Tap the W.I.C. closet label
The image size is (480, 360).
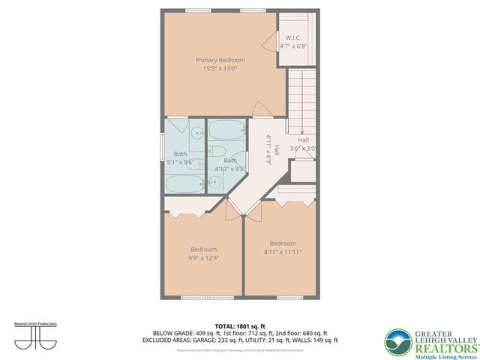pos(293,37)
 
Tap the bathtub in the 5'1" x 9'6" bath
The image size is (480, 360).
pos(184,182)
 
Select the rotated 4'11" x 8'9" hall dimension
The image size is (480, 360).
pos(268,149)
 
